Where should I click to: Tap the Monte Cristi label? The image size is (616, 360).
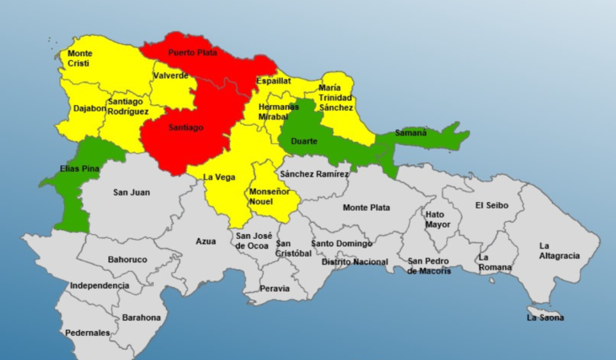pyautogui.click(x=79, y=59)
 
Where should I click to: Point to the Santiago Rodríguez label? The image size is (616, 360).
pyautogui.click(x=128, y=107)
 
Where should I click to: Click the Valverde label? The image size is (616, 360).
pyautogui.click(x=171, y=75)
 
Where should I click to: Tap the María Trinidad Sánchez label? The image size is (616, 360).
pyautogui.click(x=336, y=97)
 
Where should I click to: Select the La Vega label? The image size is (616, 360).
pyautogui.click(x=218, y=177)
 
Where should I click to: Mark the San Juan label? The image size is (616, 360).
pyautogui.click(x=132, y=192)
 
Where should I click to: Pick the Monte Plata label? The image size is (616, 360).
pyautogui.click(x=367, y=208)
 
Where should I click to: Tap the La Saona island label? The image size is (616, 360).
pyautogui.click(x=545, y=318)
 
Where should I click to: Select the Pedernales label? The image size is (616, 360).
pyautogui.click(x=88, y=333)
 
